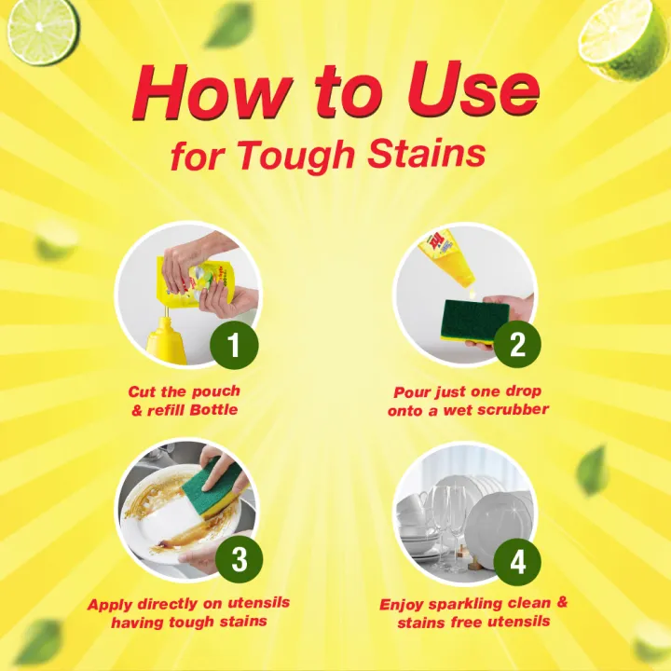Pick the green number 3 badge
pos(238,560)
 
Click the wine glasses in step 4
pos(442,517)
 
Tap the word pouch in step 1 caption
pos(217,391)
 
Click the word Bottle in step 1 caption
pos(213,411)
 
